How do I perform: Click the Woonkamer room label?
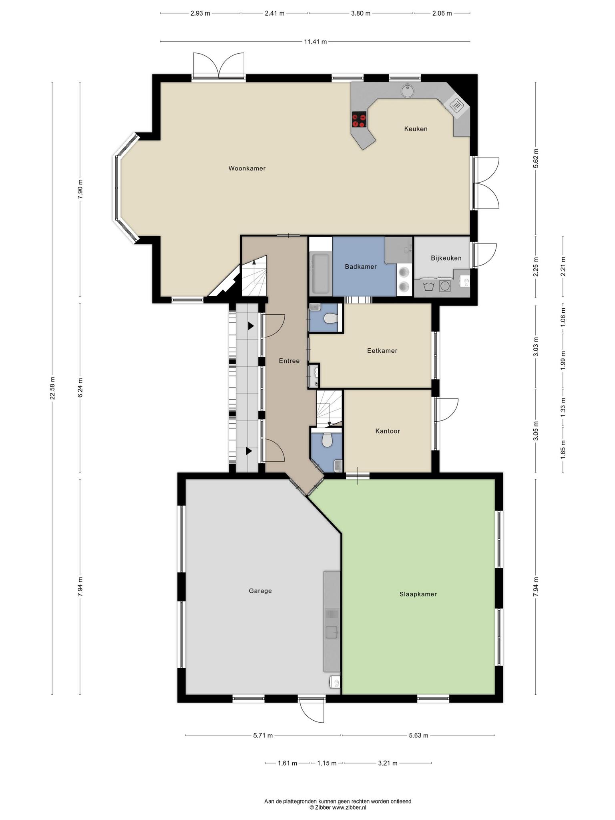247,169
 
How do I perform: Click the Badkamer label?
361,267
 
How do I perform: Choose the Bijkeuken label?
446,258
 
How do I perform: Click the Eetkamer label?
382,351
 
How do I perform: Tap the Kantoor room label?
388,431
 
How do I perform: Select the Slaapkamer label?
418,594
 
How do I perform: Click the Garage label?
260,591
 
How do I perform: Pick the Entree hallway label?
289,361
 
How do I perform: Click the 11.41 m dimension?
316,41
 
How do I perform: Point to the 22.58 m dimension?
52,388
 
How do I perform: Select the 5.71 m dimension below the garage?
263,735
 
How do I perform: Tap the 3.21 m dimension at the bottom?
388,763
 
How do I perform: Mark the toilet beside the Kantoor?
327,441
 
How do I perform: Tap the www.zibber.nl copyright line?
338,797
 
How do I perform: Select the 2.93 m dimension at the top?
200,13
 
